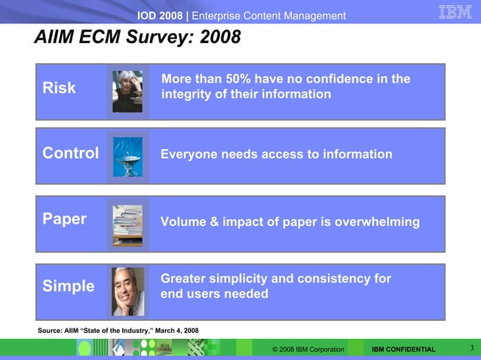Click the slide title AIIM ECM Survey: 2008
point(137,38)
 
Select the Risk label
point(59,88)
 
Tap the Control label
point(70,154)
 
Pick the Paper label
point(64,219)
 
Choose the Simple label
point(68,286)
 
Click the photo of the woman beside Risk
point(127,91)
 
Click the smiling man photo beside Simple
point(127,291)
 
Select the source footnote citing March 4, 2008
point(118,331)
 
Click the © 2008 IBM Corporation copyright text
point(308,349)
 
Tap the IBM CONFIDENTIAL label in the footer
point(403,349)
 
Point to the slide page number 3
point(471,348)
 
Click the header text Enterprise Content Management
point(269,16)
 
